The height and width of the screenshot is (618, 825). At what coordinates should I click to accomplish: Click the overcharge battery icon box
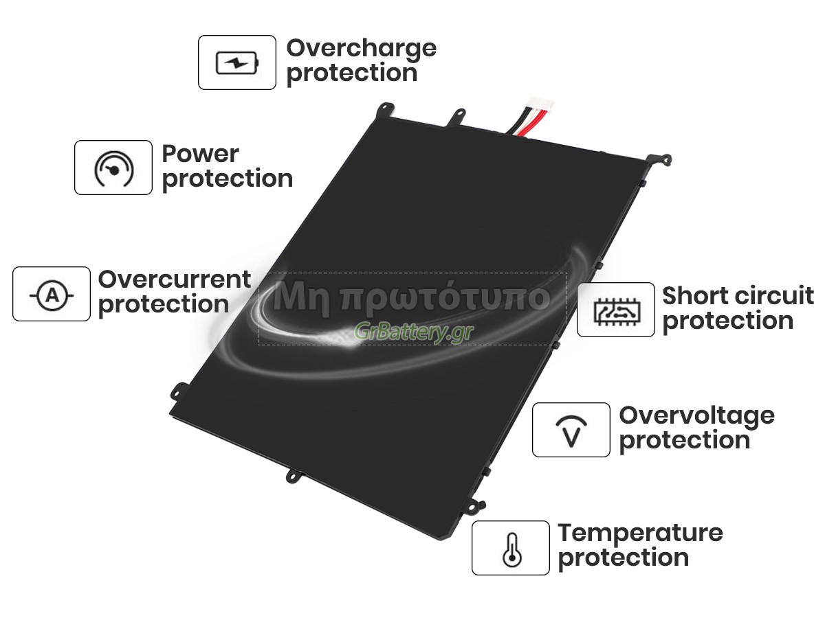click(x=237, y=62)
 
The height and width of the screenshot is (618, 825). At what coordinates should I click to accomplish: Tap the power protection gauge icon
click(x=113, y=168)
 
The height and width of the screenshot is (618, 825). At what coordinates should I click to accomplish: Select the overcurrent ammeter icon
click(x=52, y=294)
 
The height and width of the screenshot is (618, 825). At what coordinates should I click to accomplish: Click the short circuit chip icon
click(x=615, y=310)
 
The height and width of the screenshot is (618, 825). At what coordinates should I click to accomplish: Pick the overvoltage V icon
click(x=571, y=430)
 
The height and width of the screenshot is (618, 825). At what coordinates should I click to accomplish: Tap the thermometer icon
click(x=511, y=548)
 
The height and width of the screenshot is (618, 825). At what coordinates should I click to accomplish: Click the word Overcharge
click(x=361, y=49)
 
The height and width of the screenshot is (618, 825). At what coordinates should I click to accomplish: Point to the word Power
click(x=200, y=154)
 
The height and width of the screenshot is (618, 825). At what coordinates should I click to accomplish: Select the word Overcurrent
click(x=175, y=279)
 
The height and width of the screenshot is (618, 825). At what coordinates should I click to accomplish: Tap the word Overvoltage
click(x=696, y=415)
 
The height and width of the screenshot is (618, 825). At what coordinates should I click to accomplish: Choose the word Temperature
click(x=640, y=533)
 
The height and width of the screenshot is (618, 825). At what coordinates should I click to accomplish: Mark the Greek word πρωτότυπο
click(x=447, y=297)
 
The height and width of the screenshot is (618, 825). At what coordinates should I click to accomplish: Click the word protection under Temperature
click(x=623, y=558)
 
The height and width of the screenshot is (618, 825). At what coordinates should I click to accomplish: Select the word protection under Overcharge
click(x=351, y=73)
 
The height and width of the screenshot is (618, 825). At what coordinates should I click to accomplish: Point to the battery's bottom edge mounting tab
click(x=293, y=474)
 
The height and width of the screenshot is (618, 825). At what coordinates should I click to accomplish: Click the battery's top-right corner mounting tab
click(x=661, y=159)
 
